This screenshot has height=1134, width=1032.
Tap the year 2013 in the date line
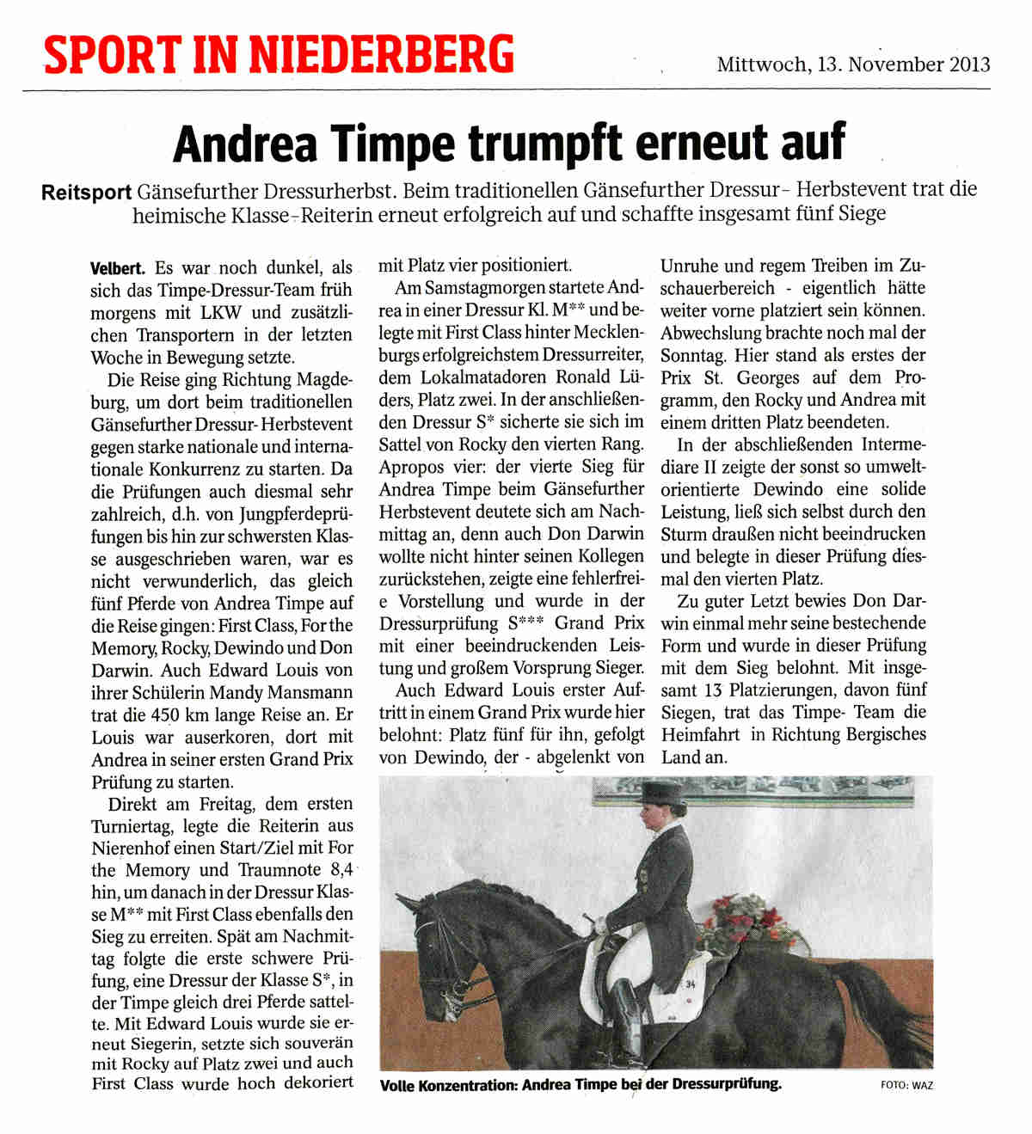point(970,64)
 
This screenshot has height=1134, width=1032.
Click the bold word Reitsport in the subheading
point(87,192)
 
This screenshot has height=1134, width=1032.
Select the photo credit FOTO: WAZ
point(906,1085)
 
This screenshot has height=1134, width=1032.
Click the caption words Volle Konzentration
point(448,1085)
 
